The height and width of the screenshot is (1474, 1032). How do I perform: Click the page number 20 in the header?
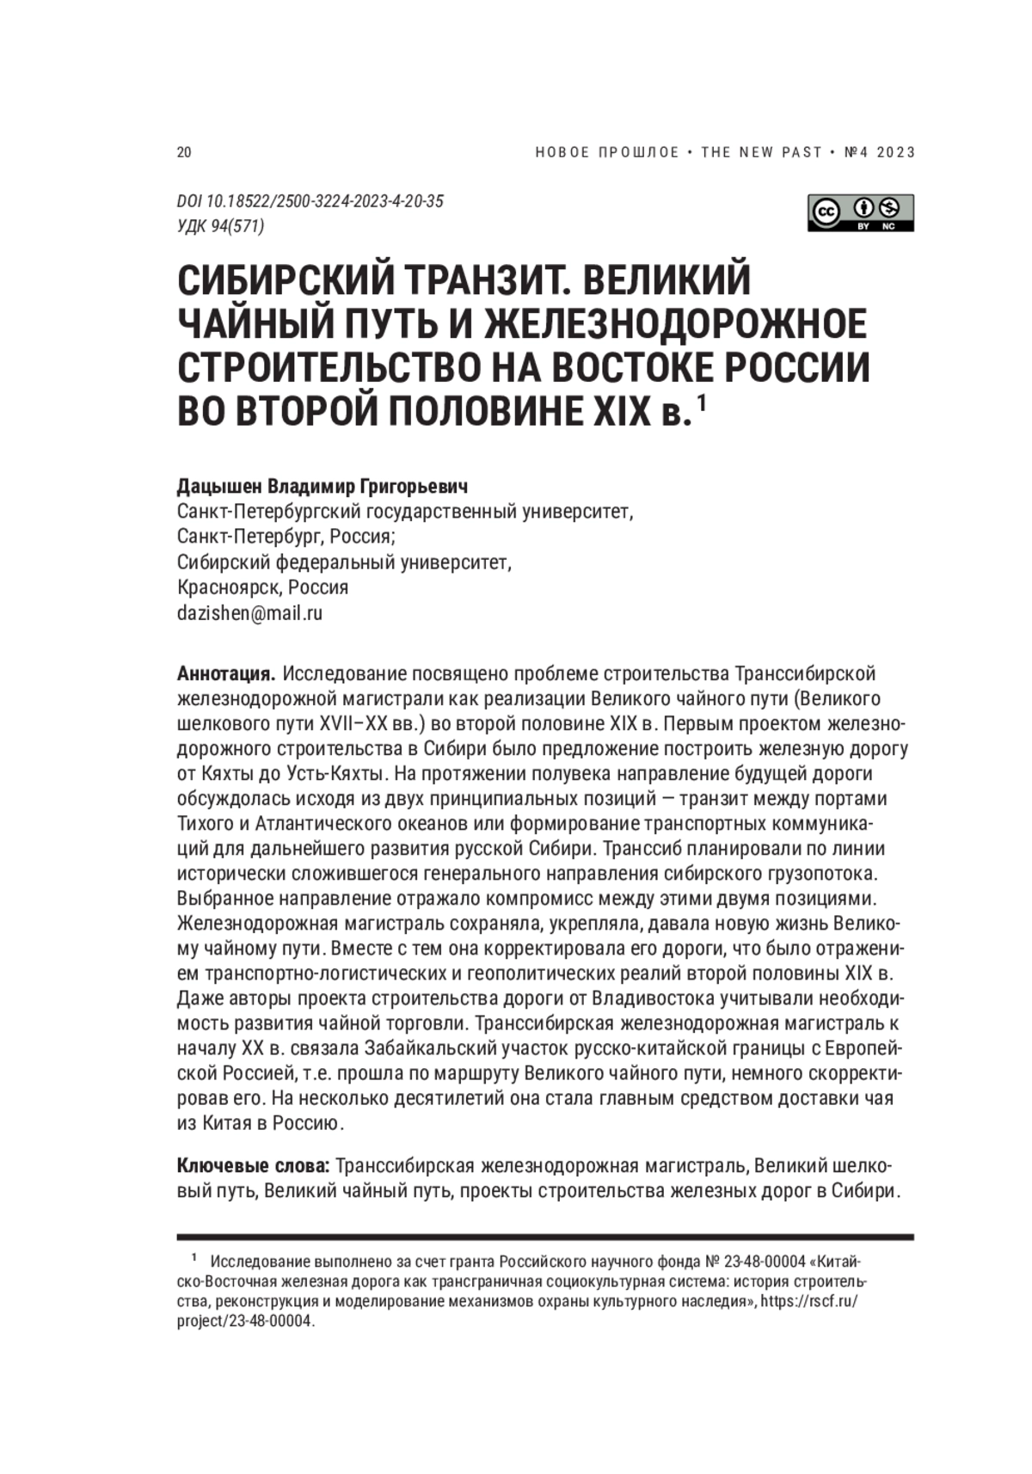click(184, 152)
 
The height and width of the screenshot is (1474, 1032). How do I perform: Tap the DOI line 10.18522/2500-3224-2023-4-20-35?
click(310, 201)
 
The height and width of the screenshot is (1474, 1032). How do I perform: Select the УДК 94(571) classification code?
click(220, 226)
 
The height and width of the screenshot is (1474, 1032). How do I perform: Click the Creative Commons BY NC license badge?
click(860, 212)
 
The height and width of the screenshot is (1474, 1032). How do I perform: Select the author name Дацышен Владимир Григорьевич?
click(322, 487)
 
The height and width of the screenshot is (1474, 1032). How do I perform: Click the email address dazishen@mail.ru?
click(249, 613)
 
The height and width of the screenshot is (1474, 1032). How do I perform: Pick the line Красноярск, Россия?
click(262, 588)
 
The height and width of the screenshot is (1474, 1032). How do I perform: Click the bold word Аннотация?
click(225, 673)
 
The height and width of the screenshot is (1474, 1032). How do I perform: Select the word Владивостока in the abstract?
click(693, 998)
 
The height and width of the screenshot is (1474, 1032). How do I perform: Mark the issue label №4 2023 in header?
click(880, 152)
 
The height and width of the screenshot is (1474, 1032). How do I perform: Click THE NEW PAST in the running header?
click(761, 152)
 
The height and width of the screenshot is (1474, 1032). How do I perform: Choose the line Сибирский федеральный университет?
click(344, 562)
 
